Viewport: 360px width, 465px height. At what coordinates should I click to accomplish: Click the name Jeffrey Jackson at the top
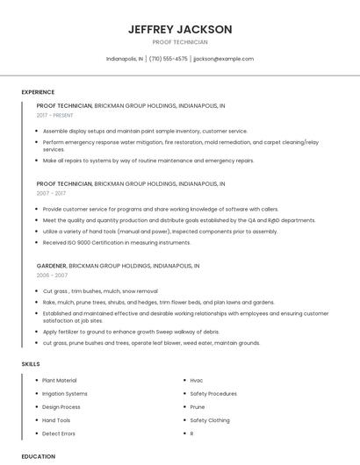point(180,29)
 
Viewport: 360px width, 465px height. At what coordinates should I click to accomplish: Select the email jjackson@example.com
point(223,59)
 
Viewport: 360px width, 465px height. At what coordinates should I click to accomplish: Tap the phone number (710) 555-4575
point(168,59)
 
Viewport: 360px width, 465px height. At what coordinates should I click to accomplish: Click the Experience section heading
point(38,92)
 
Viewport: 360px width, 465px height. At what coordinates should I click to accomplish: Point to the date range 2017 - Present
point(55,115)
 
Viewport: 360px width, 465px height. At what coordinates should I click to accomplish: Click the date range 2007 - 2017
point(51,193)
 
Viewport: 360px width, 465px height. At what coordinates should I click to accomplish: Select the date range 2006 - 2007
point(51,275)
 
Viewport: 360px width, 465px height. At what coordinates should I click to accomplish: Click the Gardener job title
point(51,264)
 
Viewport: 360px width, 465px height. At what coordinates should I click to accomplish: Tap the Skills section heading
point(31,363)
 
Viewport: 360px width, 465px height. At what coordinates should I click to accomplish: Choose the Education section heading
point(38,456)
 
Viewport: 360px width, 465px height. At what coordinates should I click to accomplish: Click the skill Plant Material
point(60,381)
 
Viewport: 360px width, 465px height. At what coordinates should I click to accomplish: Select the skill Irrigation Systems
point(65,394)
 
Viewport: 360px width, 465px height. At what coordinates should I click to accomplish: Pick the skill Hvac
point(197,381)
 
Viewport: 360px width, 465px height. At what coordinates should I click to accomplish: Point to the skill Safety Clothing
point(210,420)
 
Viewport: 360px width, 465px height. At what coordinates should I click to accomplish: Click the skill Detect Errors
point(59,433)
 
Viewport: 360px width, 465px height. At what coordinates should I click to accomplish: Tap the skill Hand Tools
point(57,420)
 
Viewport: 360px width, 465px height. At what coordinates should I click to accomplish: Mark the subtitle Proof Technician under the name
point(180,42)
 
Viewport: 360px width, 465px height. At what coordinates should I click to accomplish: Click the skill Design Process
point(61,407)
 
